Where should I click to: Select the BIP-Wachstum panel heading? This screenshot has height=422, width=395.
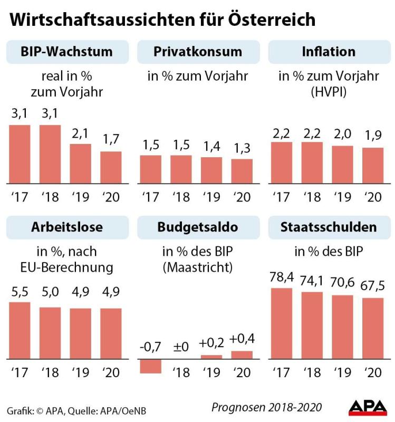click(66, 52)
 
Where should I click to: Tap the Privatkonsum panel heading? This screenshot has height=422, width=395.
click(198, 52)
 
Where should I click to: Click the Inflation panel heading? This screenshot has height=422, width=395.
click(329, 52)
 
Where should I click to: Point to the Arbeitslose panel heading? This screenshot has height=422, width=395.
click(66, 227)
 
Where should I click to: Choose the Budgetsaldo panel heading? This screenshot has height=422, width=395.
click(198, 227)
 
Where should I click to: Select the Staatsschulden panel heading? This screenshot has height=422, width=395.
click(329, 227)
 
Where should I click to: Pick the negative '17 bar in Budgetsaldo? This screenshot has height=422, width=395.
click(150, 366)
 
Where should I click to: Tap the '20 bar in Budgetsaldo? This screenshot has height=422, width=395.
click(242, 355)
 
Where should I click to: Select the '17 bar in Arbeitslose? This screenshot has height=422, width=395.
click(20, 330)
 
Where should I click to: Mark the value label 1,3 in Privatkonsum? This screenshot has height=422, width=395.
click(242, 149)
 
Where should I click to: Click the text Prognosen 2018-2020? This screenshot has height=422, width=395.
click(266, 407)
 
